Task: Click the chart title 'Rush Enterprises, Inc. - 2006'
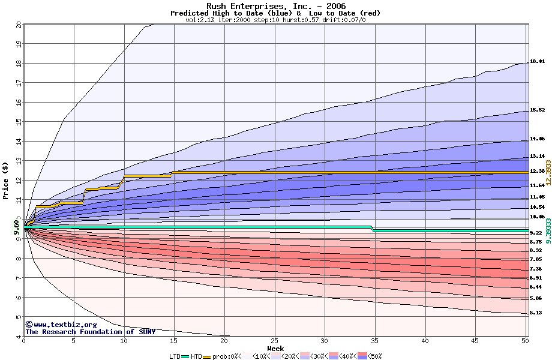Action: [x=275, y=5]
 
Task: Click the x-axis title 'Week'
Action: [x=275, y=348]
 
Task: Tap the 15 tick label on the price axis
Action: [x=18, y=122]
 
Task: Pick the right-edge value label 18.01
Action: [x=537, y=61]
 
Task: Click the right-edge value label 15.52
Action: [x=537, y=110]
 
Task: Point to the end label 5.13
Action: [x=536, y=313]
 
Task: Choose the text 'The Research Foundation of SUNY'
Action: [x=90, y=332]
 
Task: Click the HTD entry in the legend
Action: [x=196, y=356]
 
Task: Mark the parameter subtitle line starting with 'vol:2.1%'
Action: [x=275, y=20]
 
